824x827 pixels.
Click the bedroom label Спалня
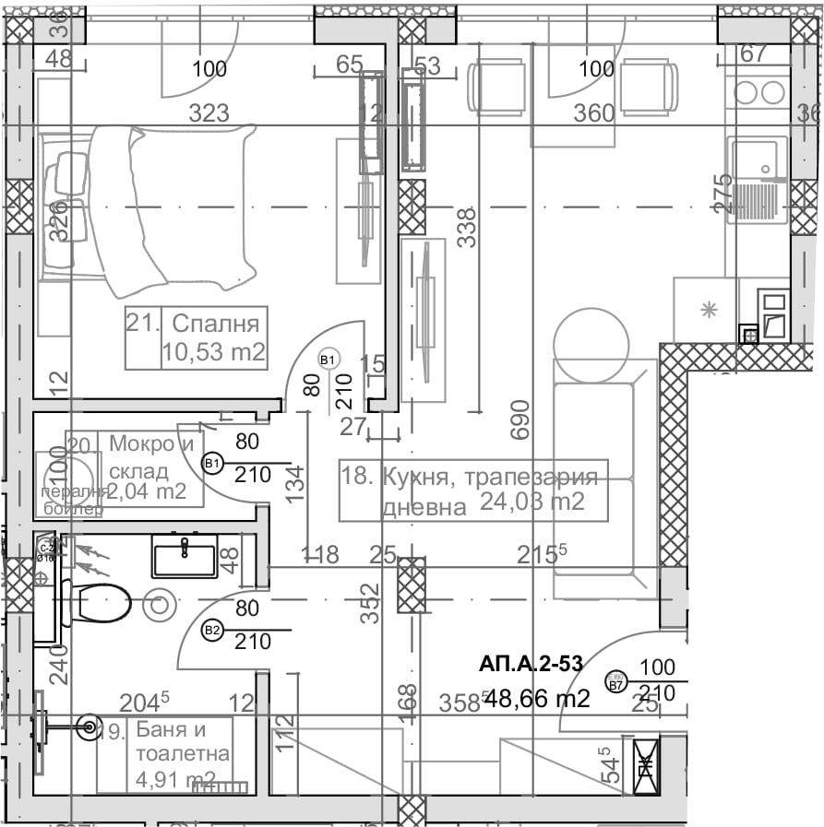[215, 324]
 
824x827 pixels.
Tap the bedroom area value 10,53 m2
[213, 351]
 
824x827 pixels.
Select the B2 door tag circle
[212, 631]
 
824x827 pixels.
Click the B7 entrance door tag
[615, 682]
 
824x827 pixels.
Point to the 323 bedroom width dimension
[209, 114]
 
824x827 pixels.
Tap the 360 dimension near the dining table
[593, 113]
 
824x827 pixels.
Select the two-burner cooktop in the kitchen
[756, 92]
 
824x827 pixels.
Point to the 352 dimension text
[370, 604]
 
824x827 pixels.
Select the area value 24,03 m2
[531, 502]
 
